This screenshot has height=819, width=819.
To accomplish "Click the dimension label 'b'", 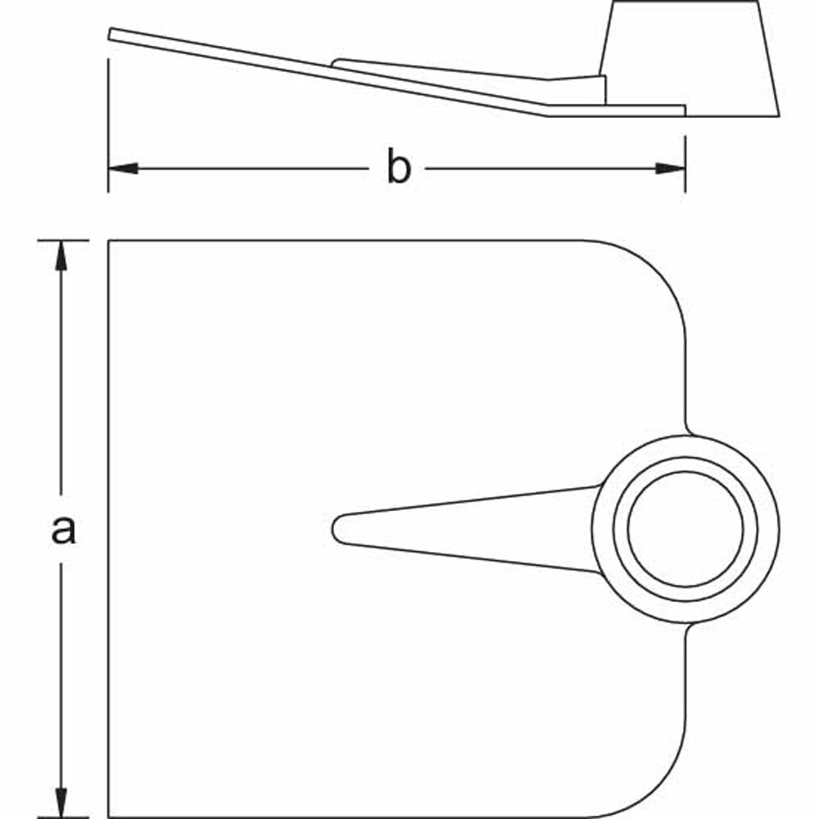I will pos(398,169).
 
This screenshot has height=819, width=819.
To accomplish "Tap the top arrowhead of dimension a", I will pos(60,254).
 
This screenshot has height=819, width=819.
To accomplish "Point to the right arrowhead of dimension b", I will pos(671,169).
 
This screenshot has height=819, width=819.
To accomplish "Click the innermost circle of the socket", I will pos(686,529).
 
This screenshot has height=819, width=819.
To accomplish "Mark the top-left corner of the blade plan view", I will pos(110,242).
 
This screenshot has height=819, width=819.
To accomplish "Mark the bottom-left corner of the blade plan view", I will pos(110,816).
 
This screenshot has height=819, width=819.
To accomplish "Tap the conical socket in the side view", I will pos(688,57).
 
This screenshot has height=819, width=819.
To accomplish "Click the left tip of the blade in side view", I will pos(112,34).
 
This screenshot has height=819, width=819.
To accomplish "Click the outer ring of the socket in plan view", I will pos(604,529).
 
